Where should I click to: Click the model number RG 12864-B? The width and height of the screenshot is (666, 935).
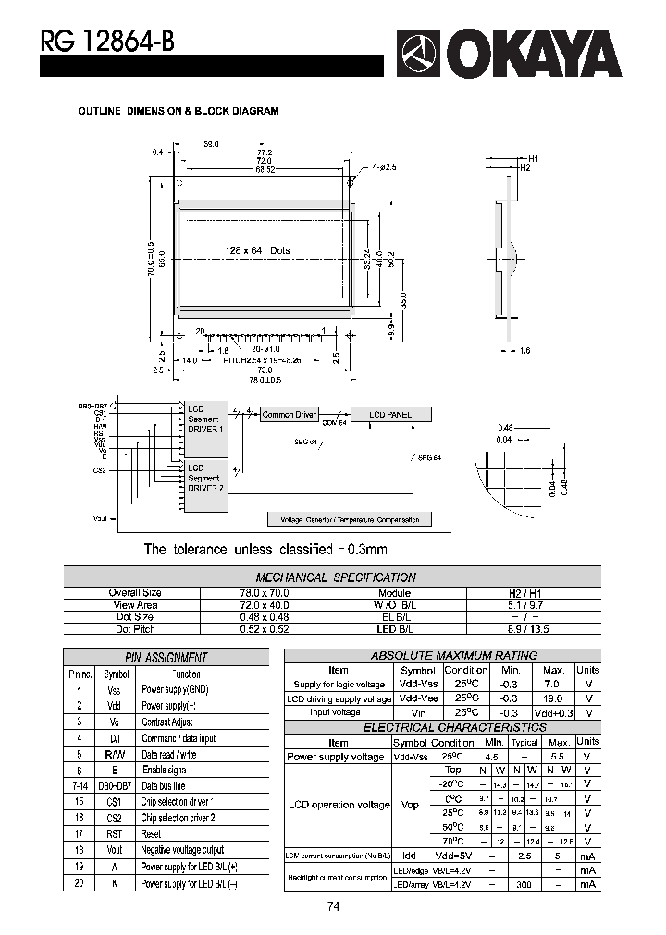pos(105,41)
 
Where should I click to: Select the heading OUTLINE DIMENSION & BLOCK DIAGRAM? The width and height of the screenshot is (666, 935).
pos(178,111)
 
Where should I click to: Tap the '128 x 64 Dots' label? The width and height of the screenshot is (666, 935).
pos(257,251)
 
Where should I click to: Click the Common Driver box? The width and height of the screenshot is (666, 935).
pos(289,415)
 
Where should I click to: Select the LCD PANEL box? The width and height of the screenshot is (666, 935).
pos(389,415)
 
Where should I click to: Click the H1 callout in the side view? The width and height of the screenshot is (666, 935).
pos(534,159)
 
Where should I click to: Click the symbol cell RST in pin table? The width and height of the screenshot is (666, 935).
pos(115,833)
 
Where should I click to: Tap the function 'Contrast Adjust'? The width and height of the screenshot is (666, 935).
pos(167,722)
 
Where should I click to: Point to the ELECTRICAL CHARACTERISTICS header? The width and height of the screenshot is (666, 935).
pos(442,727)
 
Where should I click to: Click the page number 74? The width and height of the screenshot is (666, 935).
pos(333,906)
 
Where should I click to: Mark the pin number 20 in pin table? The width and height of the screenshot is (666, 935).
pos(80,883)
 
